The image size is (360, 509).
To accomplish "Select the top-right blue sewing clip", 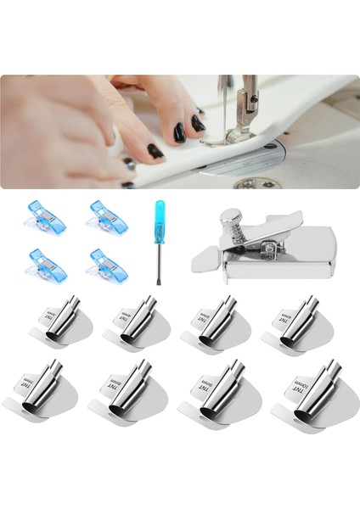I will point(105,216).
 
